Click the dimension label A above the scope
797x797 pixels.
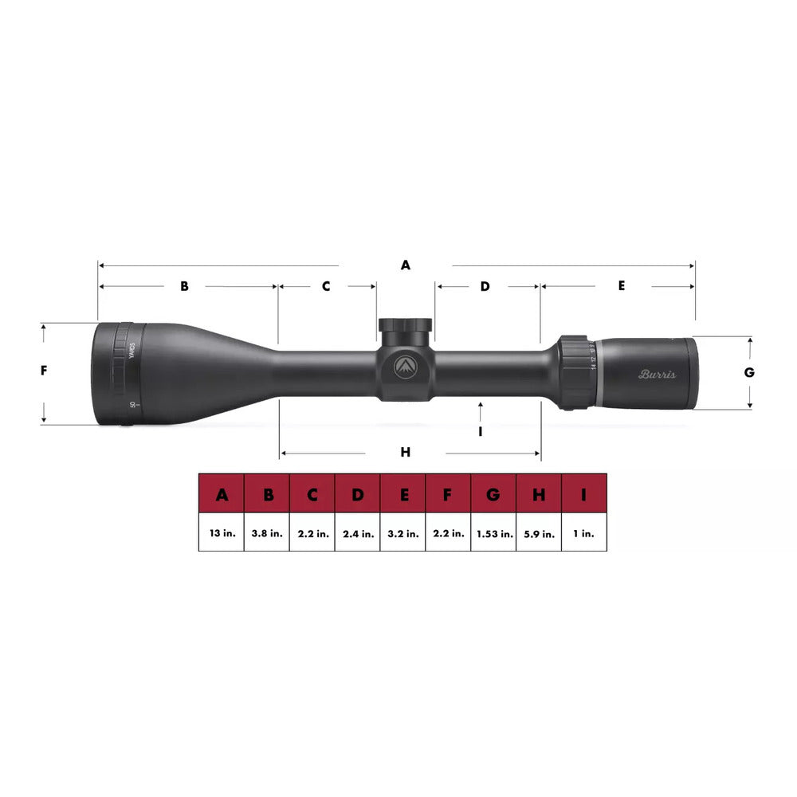[405, 265]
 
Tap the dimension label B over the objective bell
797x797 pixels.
[184, 286]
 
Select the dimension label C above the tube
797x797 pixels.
[325, 286]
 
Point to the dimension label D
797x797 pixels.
[485, 286]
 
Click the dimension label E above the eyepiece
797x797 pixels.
[622, 285]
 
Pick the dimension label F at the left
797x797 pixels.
[45, 371]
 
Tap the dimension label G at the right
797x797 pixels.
[749, 372]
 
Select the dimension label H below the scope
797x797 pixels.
[405, 453]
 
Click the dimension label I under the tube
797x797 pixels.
[481, 431]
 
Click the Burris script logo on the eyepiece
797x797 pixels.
[657, 374]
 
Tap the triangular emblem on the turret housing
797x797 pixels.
[405, 366]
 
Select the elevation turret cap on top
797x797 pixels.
[405, 327]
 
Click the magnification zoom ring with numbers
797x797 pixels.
[575, 372]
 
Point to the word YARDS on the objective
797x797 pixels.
[132, 351]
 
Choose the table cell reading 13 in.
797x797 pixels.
[221, 534]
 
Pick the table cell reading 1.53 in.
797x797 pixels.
[493, 534]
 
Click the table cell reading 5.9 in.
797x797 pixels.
[539, 534]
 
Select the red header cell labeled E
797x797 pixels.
[402, 496]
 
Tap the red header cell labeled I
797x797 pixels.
[584, 496]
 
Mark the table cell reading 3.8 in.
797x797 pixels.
[266, 534]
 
